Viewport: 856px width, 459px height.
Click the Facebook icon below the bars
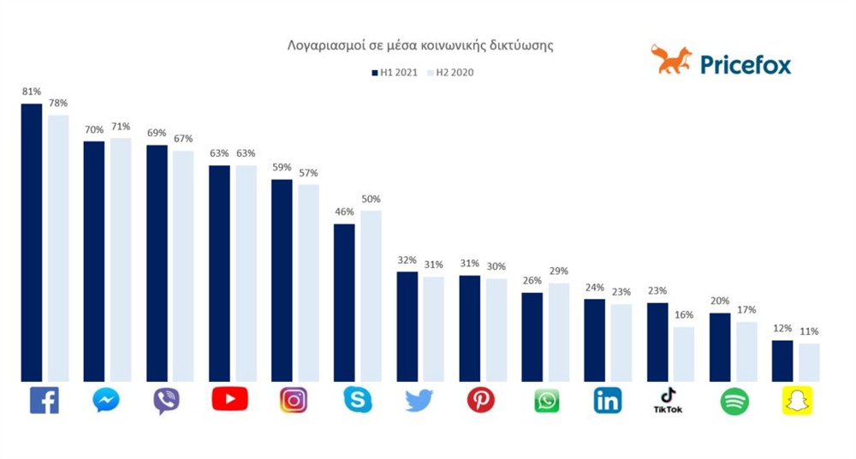point(45,400)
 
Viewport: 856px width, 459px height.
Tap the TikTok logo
point(669,400)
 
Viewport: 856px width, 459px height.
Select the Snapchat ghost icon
point(796,400)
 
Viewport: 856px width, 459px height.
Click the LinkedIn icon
point(608,400)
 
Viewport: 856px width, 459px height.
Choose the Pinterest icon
point(481,400)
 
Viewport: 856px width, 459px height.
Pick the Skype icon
point(357,400)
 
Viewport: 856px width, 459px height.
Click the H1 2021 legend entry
point(395,73)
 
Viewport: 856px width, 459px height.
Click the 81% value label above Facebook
point(32,92)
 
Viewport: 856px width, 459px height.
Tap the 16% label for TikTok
point(683,315)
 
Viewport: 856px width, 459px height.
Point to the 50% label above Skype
point(371,199)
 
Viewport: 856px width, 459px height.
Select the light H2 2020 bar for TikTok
point(683,354)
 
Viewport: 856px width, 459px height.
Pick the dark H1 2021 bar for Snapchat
point(782,361)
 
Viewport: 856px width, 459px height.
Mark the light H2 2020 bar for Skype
point(371,295)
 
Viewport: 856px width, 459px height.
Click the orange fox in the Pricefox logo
point(670,59)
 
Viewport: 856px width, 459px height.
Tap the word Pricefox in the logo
point(746,64)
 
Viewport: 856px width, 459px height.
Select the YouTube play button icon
point(230,399)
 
